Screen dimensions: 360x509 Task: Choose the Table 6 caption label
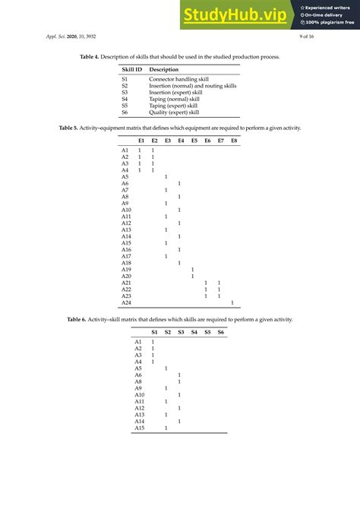pos(78,320)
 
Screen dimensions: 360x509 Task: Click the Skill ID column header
pos(131,70)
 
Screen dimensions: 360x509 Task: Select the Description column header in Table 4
pos(164,70)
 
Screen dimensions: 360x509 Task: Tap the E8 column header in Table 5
pos(233,141)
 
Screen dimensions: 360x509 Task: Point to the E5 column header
pos(193,141)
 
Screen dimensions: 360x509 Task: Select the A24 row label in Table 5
pos(126,302)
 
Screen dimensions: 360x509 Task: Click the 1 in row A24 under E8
pos(232,302)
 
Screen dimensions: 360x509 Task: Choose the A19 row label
pos(126,270)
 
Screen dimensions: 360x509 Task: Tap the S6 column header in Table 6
pos(220,332)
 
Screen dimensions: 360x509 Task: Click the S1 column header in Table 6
pos(153,332)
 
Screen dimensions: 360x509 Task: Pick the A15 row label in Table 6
pos(139,428)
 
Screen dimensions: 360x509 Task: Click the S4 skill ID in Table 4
pos(125,99)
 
